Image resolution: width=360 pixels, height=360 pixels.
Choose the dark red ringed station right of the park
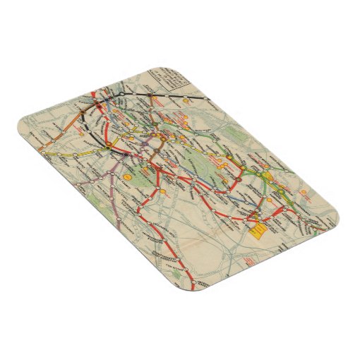click(238, 179)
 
